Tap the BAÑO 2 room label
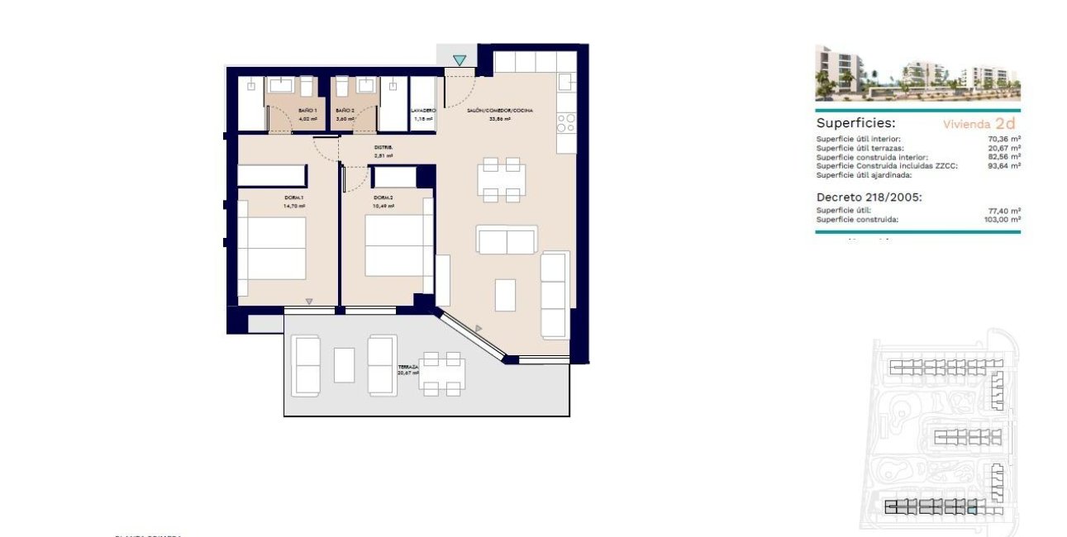click(345, 110)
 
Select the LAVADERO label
click(423, 110)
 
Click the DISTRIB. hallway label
click(382, 147)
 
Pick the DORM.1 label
click(295, 197)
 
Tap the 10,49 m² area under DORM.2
click(383, 207)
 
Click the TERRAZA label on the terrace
click(407, 366)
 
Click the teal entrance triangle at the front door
click(460, 59)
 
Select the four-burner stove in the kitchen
click(566, 123)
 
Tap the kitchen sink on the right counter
click(566, 83)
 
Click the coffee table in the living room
click(505, 295)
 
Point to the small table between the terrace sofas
click(344, 364)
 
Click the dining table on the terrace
click(442, 373)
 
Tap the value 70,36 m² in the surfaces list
click(1004, 140)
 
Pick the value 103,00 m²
click(1003, 219)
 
